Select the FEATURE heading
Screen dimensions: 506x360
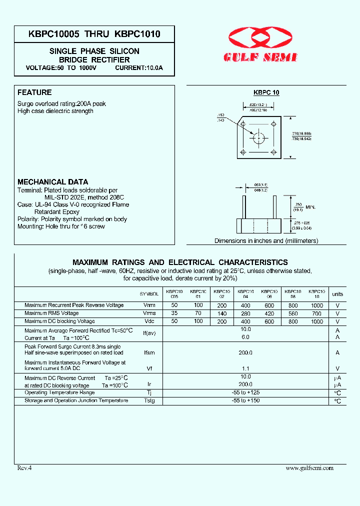[34, 92]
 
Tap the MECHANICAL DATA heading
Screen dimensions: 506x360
[52, 182]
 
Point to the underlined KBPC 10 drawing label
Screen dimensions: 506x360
[266, 92]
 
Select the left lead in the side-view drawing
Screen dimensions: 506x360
[244, 207]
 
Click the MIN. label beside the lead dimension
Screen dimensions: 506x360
[310, 206]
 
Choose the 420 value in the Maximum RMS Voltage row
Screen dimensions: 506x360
[269, 313]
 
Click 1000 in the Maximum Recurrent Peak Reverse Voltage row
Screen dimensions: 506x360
[316, 305]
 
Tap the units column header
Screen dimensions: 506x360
[337, 294]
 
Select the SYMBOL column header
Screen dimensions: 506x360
[149, 294]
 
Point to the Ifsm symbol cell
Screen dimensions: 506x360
[149, 352]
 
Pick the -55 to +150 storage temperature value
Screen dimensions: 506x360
[245, 400]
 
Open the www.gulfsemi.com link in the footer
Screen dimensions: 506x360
[309, 468]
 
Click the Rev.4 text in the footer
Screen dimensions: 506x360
[24, 468]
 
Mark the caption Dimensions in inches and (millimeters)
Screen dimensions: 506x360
[266, 240]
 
